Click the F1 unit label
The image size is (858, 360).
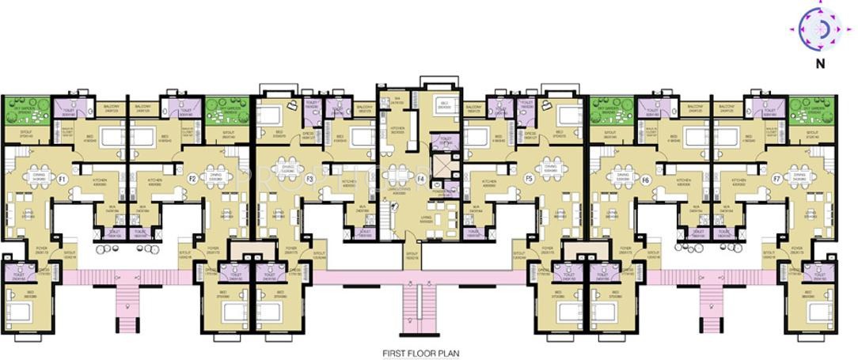(x=62, y=180)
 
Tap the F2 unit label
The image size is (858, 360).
(x=192, y=180)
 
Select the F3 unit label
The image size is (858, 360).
(x=310, y=180)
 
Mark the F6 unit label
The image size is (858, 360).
(x=646, y=180)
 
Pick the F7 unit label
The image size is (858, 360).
(x=776, y=180)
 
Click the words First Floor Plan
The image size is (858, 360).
(x=420, y=353)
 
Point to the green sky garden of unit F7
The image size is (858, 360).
(x=812, y=109)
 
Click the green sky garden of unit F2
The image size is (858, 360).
(x=222, y=109)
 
